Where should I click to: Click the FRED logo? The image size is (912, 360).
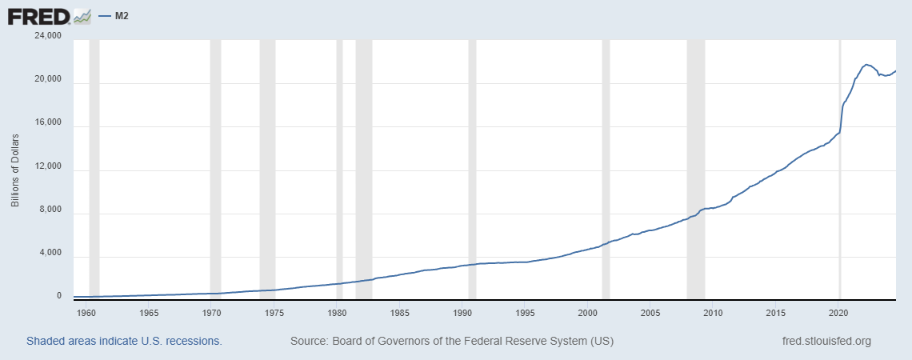coord(48,15)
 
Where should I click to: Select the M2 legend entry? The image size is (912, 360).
coord(117,15)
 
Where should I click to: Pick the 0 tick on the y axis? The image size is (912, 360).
coord(58,296)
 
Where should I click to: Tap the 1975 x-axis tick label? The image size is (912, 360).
coord(274,312)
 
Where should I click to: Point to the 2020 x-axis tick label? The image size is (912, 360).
coord(838,312)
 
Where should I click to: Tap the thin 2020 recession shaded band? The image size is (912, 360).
coord(840,200)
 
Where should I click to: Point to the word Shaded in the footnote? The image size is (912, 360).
coord(47,341)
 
